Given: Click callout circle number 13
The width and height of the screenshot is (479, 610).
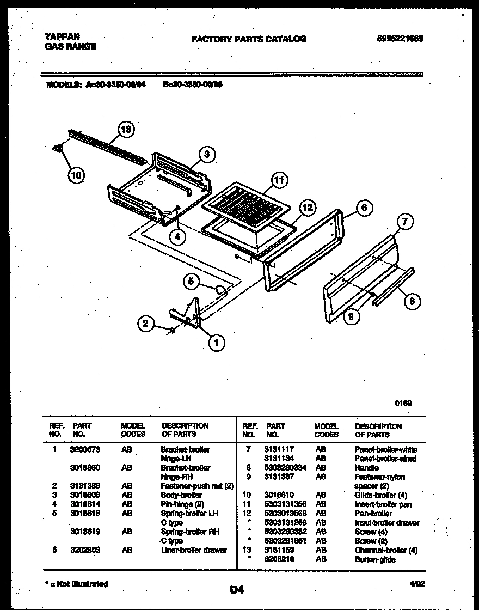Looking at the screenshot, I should pyautogui.click(x=126, y=130).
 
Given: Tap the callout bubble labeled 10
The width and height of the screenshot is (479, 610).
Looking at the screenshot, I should pyautogui.click(x=77, y=175).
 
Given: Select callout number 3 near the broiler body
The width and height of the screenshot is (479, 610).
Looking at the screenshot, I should pyautogui.click(x=206, y=154).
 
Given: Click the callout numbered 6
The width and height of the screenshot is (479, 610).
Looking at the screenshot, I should pyautogui.click(x=364, y=207).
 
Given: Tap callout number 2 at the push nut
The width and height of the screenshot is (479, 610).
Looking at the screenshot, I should pyautogui.click(x=145, y=324).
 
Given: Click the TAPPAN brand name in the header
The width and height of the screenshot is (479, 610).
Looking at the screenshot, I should pyautogui.click(x=58, y=38).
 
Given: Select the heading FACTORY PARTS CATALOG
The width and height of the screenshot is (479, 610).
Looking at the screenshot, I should pyautogui.click(x=249, y=39).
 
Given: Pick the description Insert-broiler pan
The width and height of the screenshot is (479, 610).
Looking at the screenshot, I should pyautogui.click(x=383, y=505).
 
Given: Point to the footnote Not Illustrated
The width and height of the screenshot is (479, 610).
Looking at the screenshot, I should pyautogui.click(x=78, y=584).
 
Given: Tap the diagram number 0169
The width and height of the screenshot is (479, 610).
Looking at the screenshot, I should pyautogui.click(x=403, y=403).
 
